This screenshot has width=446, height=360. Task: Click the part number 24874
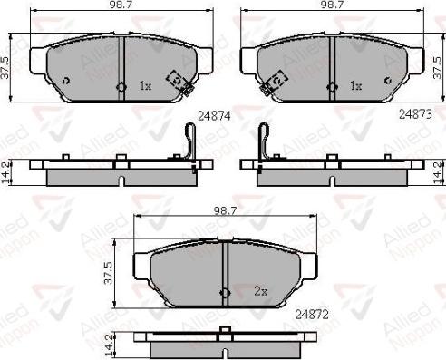coord(214,116)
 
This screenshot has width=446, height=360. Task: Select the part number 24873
coord(415,114)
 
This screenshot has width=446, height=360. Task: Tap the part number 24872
coord(312,315)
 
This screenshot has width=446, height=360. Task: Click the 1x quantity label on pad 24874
coord(145,86)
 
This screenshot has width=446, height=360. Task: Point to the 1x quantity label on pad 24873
coord(355,86)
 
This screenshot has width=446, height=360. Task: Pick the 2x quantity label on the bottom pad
coord(261,291)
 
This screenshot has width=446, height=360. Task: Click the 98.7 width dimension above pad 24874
coord(121,5)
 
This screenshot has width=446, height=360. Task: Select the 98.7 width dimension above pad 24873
coord(332,5)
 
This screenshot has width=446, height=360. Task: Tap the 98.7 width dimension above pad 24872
coord(225,210)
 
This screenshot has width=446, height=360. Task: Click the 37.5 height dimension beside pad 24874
coord(5,68)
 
